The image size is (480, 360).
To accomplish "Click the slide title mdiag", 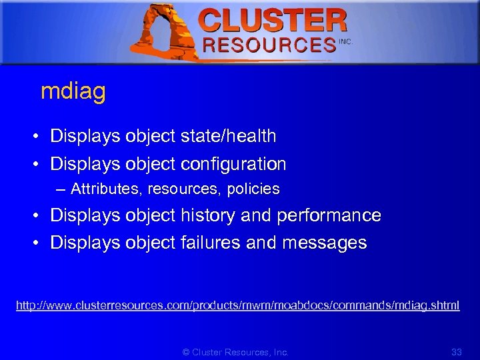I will [73, 92].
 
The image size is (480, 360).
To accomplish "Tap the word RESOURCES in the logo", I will [269, 45].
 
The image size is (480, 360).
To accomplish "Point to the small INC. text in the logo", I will [345, 41].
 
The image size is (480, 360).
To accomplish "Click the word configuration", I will [233, 164].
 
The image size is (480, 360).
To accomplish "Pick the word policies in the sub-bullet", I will [253, 189].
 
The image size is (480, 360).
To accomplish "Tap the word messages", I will [325, 243].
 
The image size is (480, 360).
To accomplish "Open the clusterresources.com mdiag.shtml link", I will [238, 305].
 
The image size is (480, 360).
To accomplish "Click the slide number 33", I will [457, 352].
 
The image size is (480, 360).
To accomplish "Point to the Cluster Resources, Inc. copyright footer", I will [236, 352].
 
